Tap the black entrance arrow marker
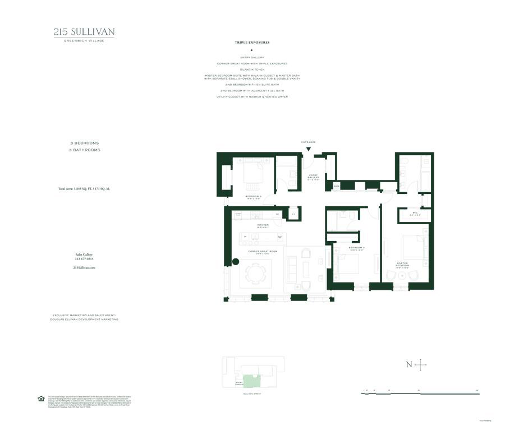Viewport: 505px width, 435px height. (308, 149)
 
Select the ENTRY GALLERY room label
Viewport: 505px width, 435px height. (313, 177)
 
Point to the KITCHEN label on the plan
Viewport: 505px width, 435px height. (263, 225)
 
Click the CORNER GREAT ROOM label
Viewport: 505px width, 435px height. (263, 251)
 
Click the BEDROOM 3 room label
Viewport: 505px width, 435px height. (253, 197)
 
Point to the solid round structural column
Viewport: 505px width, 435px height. (236, 261)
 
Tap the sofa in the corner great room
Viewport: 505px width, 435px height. (292, 269)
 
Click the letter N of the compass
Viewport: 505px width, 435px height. (409, 365)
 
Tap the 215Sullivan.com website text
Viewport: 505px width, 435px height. (84, 268)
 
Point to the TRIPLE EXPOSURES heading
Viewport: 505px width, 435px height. (252, 43)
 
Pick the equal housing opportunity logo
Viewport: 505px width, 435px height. (40, 399)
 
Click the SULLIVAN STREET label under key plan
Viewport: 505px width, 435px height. (253, 395)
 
